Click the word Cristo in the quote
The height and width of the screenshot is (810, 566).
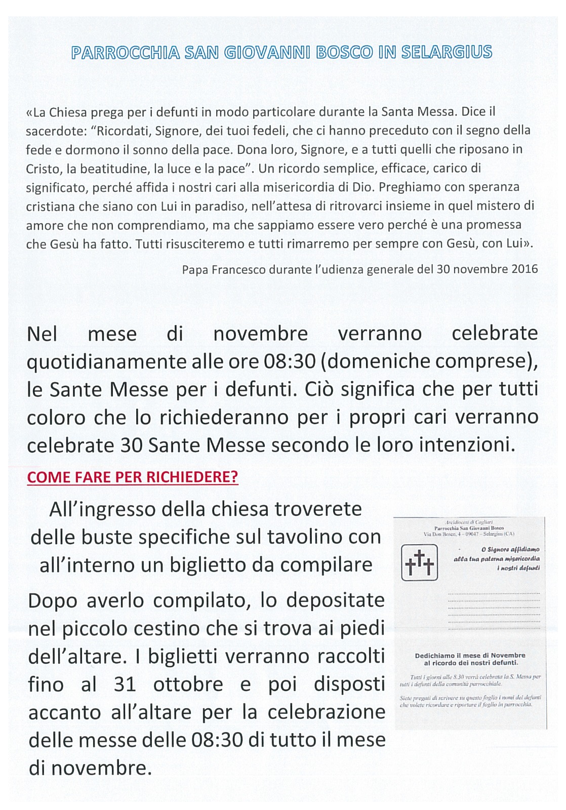(x=44, y=169)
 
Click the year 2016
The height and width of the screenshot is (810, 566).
(x=524, y=269)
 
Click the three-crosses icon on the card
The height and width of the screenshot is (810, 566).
(x=419, y=562)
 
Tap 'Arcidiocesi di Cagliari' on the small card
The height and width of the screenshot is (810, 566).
(x=469, y=521)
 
